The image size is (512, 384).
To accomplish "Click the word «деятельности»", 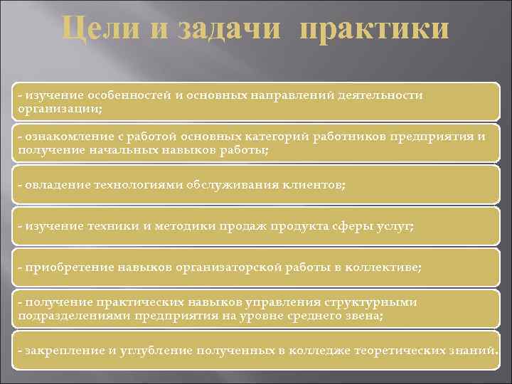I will click(380, 95).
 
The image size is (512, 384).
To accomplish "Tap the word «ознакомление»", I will click(63, 137).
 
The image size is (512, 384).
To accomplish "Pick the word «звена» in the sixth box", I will click(366, 314).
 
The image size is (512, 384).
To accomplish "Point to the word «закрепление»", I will click(60, 350).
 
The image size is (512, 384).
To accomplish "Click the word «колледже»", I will click(316, 350).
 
